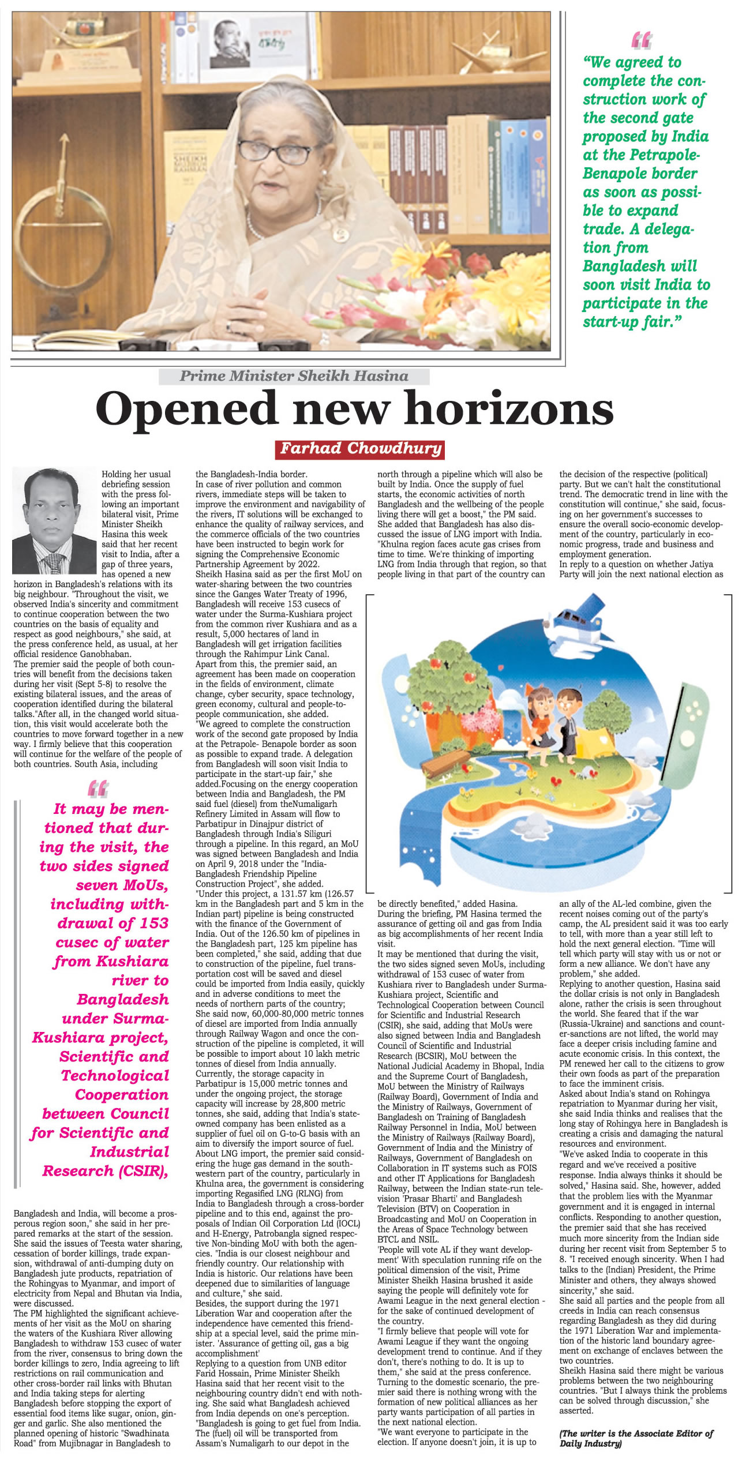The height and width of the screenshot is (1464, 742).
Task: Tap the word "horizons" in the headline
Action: [509, 408]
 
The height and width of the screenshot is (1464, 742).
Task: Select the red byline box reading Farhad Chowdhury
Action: [361, 448]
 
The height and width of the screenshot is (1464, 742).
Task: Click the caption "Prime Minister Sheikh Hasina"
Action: [294, 376]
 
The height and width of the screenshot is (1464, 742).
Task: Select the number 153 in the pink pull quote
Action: [154, 923]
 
